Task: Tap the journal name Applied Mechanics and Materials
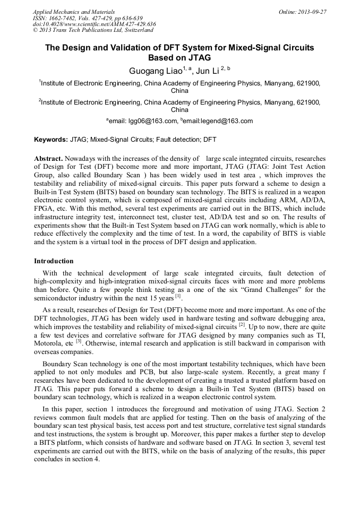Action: [x=73, y=11]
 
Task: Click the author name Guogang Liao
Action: [x=155, y=70]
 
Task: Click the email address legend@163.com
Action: [x=222, y=122]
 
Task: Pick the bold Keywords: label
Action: [x=50, y=140]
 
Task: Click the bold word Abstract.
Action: [x=49, y=159]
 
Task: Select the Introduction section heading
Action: [x=54, y=261]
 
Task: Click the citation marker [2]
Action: [x=242, y=324]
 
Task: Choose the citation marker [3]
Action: [x=79, y=341]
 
